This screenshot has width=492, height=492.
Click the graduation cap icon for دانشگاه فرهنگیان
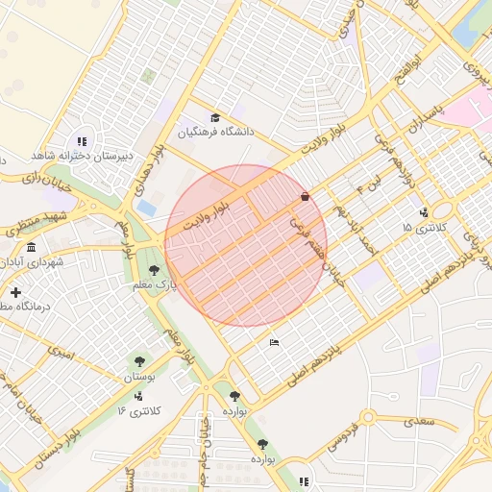click(x=214, y=117)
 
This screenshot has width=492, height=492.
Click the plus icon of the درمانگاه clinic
click(x=15, y=291)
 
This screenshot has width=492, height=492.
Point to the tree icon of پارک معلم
click(x=154, y=270)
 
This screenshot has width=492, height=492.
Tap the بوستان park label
click(x=139, y=378)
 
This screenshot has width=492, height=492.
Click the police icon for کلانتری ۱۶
click(x=138, y=395)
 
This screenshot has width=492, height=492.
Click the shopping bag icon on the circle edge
click(x=305, y=196)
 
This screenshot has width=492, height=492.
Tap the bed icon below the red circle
click(x=275, y=342)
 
